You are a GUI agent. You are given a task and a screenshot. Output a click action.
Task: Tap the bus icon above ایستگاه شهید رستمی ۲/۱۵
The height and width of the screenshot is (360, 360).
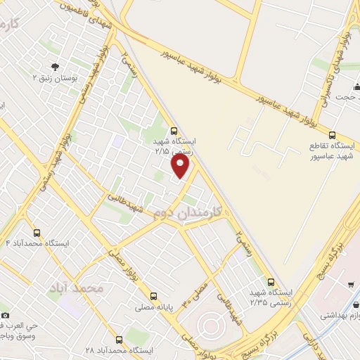[174, 130]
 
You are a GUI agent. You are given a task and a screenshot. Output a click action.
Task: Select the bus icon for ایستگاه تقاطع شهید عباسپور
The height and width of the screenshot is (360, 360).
[332, 135]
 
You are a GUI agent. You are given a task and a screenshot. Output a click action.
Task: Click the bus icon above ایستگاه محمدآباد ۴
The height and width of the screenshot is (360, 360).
[37, 233]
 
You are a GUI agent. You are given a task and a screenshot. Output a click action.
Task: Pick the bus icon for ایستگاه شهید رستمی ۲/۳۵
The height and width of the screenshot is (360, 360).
[271, 281]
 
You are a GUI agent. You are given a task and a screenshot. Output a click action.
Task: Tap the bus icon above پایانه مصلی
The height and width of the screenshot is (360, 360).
[153, 296]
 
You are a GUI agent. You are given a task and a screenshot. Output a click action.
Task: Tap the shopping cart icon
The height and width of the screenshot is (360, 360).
[350, 285]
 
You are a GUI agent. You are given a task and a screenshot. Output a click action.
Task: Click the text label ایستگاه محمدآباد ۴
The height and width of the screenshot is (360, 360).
[37, 243]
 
